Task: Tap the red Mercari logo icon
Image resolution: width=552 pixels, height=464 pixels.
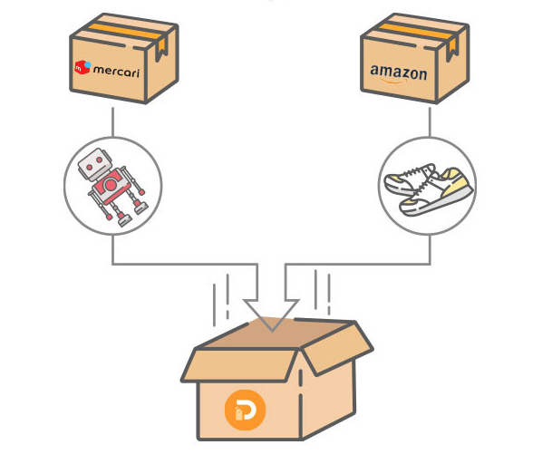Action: (x=82, y=67)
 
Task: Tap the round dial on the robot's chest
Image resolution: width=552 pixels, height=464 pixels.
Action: (x=111, y=186)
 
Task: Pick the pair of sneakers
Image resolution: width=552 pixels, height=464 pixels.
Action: (x=427, y=189)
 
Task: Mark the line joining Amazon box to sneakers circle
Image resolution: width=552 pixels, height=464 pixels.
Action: (x=428, y=126)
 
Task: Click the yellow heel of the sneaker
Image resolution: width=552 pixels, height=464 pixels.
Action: (x=461, y=190)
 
